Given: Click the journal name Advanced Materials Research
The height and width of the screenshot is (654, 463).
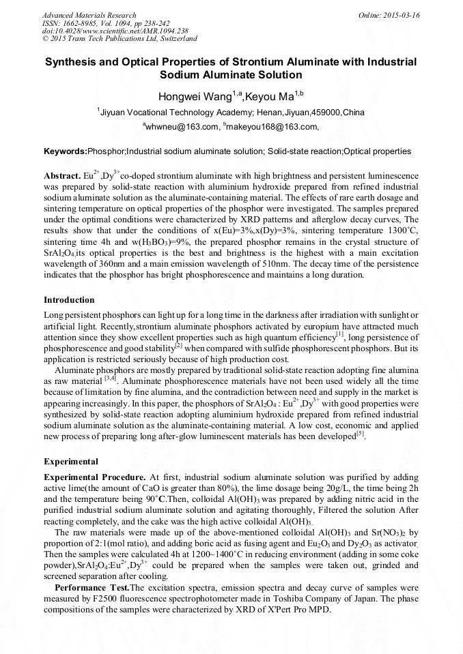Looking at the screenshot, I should [x=89, y=15].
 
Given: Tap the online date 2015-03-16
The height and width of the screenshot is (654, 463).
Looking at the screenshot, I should [x=404, y=15].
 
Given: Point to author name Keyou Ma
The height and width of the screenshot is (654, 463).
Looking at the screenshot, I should [x=270, y=96].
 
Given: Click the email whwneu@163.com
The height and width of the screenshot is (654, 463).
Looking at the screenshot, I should [x=182, y=126].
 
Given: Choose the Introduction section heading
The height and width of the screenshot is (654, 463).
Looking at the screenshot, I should [x=69, y=300].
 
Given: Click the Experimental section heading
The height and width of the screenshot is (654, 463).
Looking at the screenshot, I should [x=71, y=461].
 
